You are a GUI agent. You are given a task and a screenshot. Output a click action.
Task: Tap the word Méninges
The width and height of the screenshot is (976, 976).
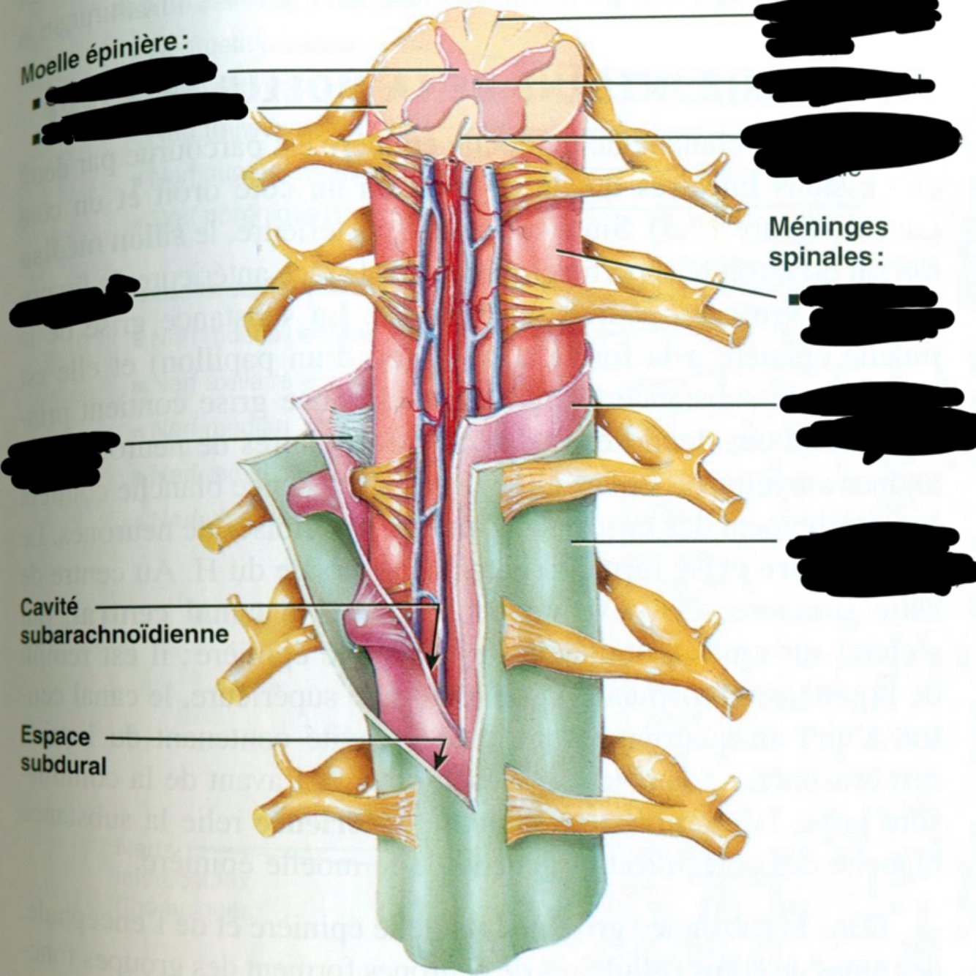[828, 228]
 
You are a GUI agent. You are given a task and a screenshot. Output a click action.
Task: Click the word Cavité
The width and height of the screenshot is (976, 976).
[48, 608]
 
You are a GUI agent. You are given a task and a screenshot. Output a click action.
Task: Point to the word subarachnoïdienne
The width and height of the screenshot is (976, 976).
[124, 634]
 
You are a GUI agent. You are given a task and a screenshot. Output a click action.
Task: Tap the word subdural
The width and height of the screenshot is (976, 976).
[63, 765]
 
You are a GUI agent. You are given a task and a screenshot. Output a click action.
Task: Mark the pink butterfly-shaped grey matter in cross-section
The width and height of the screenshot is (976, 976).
[468, 80]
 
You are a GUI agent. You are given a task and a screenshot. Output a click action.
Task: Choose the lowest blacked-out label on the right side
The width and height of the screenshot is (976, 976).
[878, 560]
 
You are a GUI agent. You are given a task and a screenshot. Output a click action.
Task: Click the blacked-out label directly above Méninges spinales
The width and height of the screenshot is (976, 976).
[849, 146]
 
